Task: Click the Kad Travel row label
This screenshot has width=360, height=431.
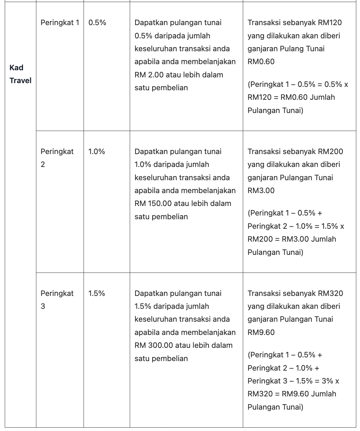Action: coord(20,74)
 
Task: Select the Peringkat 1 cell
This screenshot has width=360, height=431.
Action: coord(59,23)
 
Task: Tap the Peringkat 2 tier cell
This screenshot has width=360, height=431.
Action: coord(57,158)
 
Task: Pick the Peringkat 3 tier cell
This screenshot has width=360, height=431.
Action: coord(57,300)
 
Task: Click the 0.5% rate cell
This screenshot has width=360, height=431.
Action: coord(97,23)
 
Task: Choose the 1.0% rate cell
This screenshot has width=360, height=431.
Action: coord(96,152)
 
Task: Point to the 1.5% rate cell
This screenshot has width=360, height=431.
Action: coord(96,294)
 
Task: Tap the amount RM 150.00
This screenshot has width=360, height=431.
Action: coord(153,204)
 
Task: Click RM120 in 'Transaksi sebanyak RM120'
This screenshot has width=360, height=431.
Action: coord(330,23)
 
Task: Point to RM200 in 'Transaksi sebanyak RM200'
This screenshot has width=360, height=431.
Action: coord(330,152)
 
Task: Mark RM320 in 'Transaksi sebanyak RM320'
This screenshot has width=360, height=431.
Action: coord(330,294)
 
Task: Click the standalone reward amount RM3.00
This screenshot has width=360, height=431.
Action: coord(261,191)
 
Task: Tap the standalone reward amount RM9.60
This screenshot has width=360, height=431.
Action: coord(261,333)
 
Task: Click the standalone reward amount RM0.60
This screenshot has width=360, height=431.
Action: coord(261,62)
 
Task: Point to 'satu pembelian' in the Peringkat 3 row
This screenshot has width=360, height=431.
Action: coord(161,359)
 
